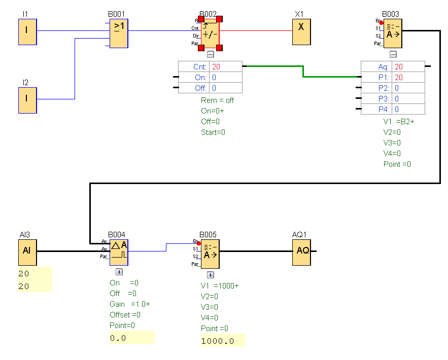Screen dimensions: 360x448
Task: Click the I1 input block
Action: [27, 31]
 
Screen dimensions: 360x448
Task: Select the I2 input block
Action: [27, 100]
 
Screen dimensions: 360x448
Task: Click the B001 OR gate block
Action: [119, 34]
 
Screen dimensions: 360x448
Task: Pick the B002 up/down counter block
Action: [210, 34]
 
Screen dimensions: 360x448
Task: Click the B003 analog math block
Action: [393, 34]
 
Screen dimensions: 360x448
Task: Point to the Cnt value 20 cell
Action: [225, 66]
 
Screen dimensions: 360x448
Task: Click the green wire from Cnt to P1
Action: [303, 71]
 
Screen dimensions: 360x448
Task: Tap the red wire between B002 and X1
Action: [256, 30]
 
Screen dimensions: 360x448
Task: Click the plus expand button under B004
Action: [119, 272]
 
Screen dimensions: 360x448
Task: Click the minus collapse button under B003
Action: [393, 54]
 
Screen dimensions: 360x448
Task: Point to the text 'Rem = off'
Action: [217, 100]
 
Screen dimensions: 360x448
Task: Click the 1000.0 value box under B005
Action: [223, 341]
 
